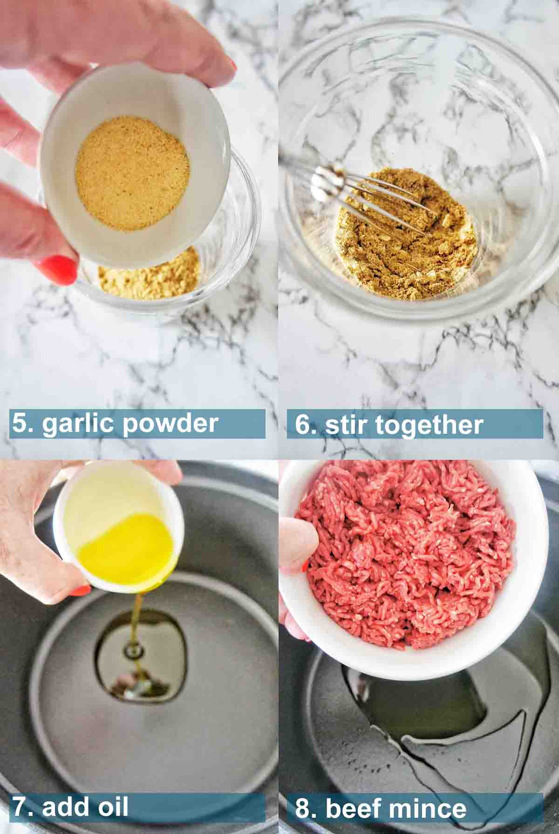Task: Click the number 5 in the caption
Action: (20, 424)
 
